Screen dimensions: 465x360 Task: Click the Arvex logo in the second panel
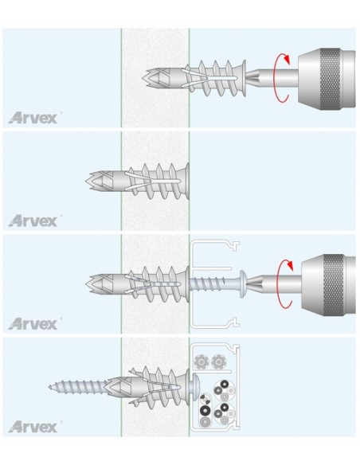click(x=33, y=220)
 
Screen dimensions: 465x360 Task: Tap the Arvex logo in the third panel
click(x=33, y=323)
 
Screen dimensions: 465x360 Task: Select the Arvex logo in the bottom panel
click(x=33, y=427)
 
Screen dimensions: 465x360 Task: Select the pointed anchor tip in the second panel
click(x=91, y=180)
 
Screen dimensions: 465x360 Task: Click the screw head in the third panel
click(x=240, y=283)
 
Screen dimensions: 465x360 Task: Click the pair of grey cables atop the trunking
click(x=209, y=361)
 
